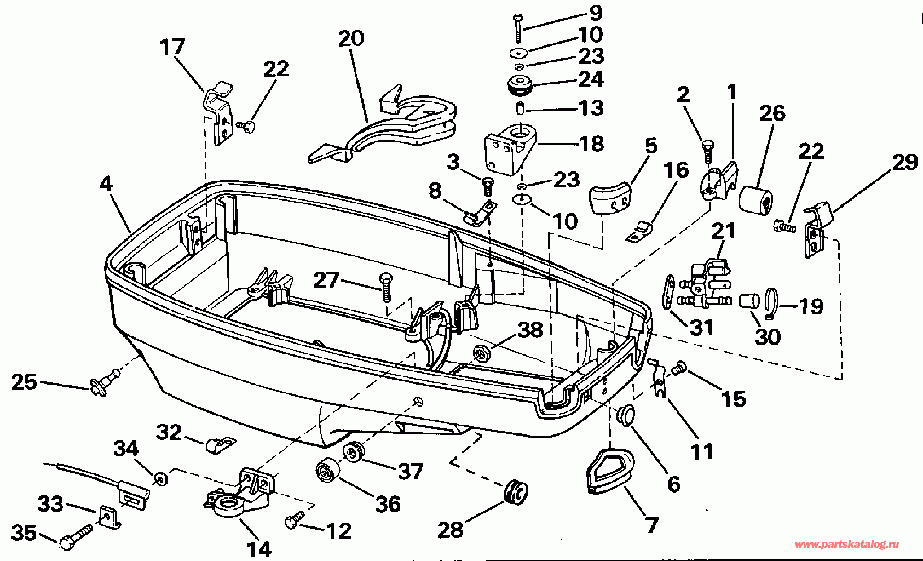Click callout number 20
tap(351, 38)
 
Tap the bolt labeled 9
tap(517, 28)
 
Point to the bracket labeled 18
tap(511, 150)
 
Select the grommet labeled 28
tap(516, 492)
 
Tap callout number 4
tap(106, 184)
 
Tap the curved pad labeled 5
tap(610, 198)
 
